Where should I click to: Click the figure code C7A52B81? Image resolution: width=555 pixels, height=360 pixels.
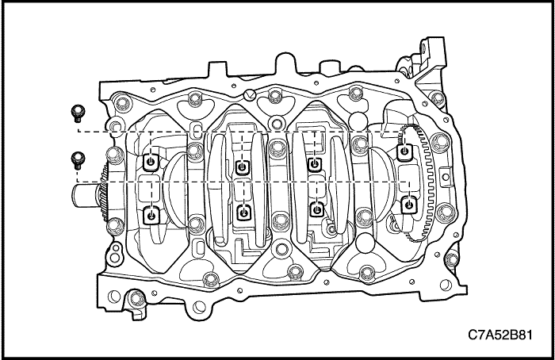click(x=499, y=335)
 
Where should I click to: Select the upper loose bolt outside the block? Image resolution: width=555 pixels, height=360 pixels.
click(x=78, y=113)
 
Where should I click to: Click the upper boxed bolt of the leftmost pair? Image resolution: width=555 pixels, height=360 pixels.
click(x=151, y=163)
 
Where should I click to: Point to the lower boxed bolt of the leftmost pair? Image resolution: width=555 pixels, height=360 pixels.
click(x=151, y=216)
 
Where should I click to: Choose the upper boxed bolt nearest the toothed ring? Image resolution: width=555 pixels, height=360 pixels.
click(x=404, y=152)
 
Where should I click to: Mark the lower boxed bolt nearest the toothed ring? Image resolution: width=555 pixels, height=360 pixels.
click(x=409, y=205)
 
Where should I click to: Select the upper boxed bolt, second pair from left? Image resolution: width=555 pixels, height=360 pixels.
click(x=243, y=167)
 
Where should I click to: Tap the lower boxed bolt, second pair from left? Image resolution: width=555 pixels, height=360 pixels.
click(x=243, y=213)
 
